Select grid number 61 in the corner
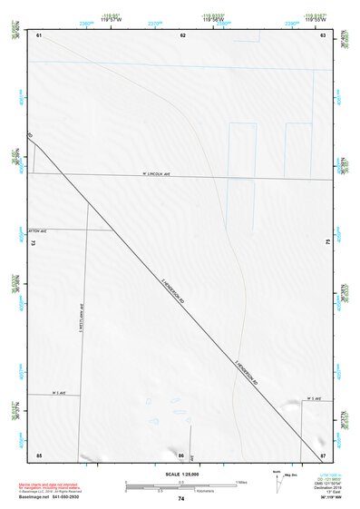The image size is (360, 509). [x=40, y=34]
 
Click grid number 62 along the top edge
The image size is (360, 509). [x=182, y=34]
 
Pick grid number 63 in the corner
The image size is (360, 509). [x=322, y=34]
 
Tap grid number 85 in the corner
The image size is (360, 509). [x=39, y=454]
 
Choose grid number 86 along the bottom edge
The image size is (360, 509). [x=181, y=454]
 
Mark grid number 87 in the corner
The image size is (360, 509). [x=322, y=454]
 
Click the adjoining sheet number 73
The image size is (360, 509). [x=34, y=243]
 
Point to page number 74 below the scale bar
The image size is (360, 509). [x=181, y=499]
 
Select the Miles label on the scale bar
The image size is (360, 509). [x=239, y=482]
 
